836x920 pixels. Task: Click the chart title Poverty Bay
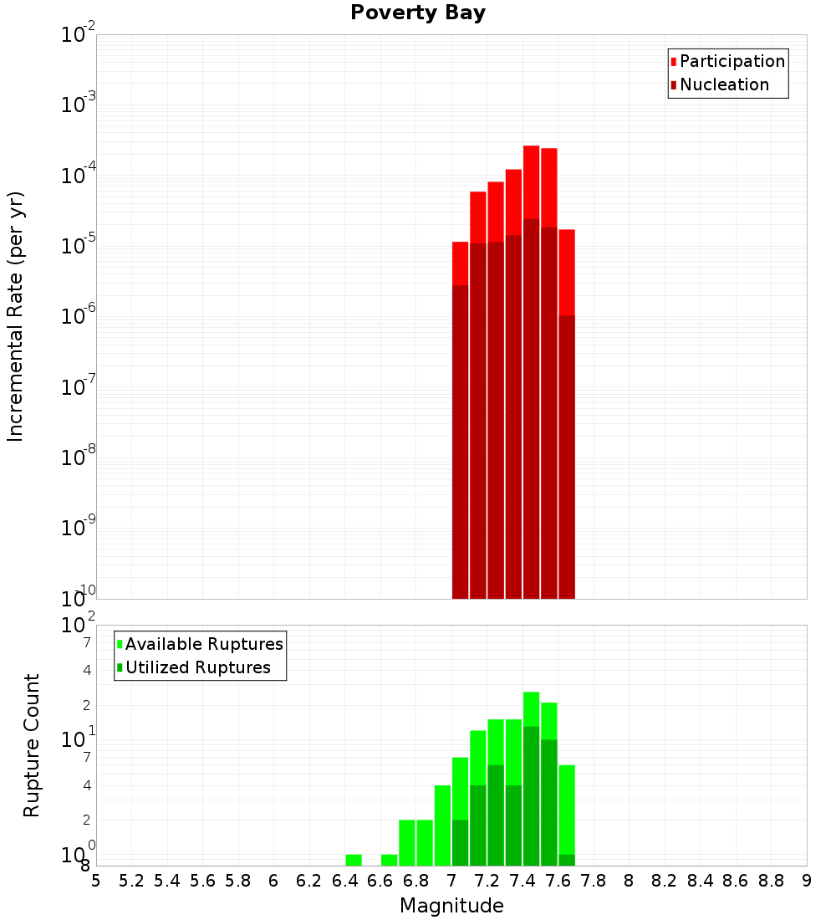tap(417, 13)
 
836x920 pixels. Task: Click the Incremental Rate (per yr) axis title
tap(16, 316)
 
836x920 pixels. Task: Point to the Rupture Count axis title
tap(32, 745)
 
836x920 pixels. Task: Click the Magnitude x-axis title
tap(451, 906)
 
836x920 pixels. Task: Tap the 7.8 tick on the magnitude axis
tap(594, 881)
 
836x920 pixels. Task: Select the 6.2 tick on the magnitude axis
tap(308, 881)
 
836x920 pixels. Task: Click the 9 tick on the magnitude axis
tap(807, 881)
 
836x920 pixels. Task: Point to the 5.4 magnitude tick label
tap(166, 881)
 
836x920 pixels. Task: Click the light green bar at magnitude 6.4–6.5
tap(354, 860)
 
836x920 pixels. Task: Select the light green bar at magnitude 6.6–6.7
tap(389, 860)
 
